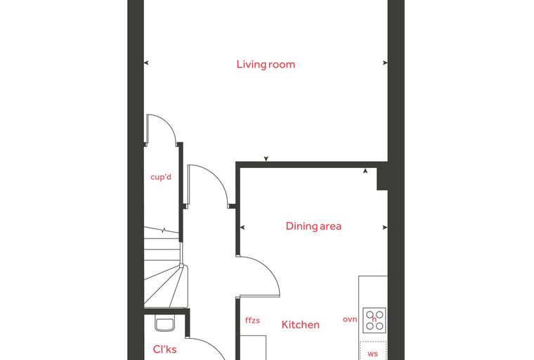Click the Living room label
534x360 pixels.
click(266, 65)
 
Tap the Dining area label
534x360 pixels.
click(313, 226)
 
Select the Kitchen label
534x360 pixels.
click(301, 325)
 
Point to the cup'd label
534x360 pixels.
click(161, 177)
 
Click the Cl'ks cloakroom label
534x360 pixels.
click(165, 349)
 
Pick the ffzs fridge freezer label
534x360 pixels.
click(252, 320)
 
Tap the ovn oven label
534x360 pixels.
click(350, 319)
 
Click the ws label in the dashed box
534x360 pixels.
click(372, 354)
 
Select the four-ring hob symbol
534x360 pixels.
click(375, 320)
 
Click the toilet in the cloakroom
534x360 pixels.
click(165, 323)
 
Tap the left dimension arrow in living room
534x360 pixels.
click(146, 63)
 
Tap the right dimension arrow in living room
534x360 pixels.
click(385, 63)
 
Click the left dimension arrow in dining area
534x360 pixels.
click(242, 227)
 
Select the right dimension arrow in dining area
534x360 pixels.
click(385, 227)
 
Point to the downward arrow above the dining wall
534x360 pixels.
click(266, 158)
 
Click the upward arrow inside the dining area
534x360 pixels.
click(365, 171)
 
